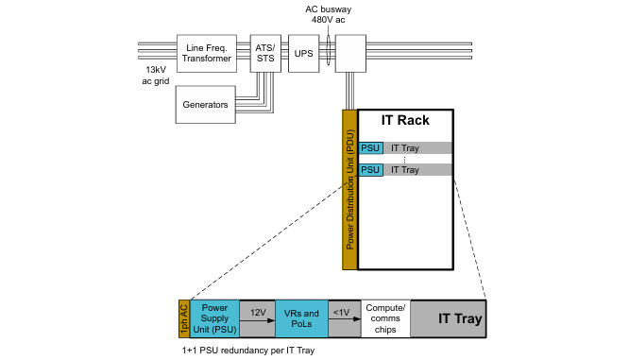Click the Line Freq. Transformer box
pyautogui.click(x=207, y=53)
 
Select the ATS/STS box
pyautogui.click(x=265, y=53)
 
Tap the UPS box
pyautogui.click(x=304, y=53)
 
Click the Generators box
pyautogui.click(x=205, y=104)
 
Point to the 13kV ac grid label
pyautogui.click(x=156, y=75)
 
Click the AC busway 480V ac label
pyautogui.click(x=328, y=14)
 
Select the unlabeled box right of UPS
pyautogui.click(x=350, y=53)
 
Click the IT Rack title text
pyautogui.click(x=405, y=120)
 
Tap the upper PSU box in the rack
pyautogui.click(x=370, y=148)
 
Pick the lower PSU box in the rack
pyautogui.click(x=370, y=170)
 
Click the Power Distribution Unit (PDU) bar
pyautogui.click(x=349, y=189)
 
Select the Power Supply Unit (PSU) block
pyautogui.click(x=214, y=318)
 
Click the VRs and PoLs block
pyautogui.click(x=301, y=318)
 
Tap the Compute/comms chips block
pyautogui.click(x=385, y=318)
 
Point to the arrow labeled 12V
pyautogui.click(x=257, y=320)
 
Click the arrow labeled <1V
pyautogui.click(x=345, y=319)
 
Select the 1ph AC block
pyautogui.click(x=184, y=318)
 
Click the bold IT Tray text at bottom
pyautogui.click(x=460, y=318)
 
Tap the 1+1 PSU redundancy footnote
pyautogui.click(x=248, y=351)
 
